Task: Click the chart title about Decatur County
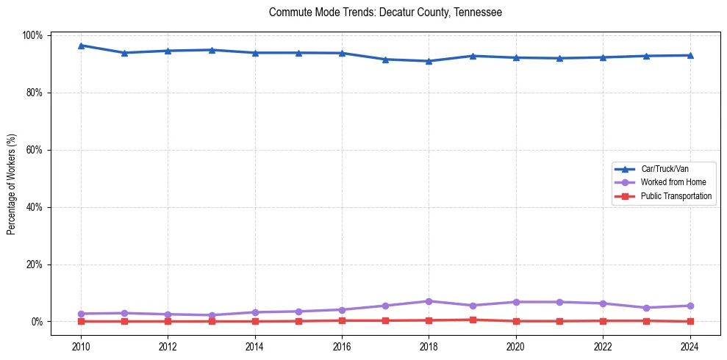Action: pos(385,12)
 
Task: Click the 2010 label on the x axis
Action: pos(81,346)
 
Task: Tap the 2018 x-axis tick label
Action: pos(429,346)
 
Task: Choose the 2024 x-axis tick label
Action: pos(690,346)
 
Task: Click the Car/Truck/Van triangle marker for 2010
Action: pos(81,46)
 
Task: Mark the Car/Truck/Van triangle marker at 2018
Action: pos(429,61)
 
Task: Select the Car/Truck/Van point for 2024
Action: pos(690,55)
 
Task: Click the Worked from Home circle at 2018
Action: pos(429,301)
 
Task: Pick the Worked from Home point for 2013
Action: pos(212,315)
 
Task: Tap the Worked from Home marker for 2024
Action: pos(690,306)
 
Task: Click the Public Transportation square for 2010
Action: pos(81,321)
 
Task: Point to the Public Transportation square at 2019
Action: pos(472,320)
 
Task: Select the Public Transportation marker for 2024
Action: pos(690,321)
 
